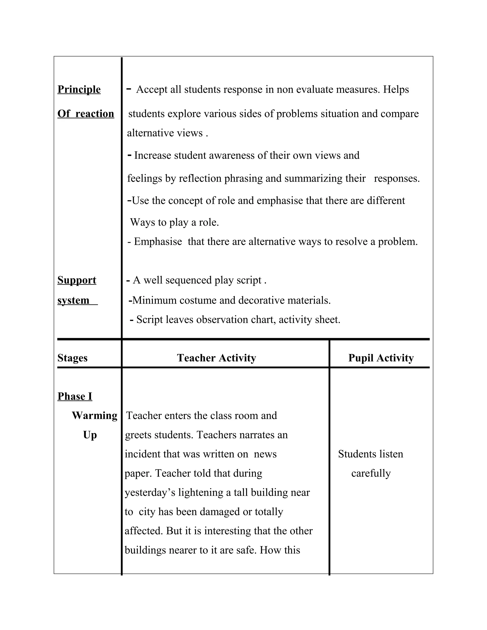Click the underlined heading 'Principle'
pyautogui.click(x=79, y=89)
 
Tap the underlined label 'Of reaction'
pyautogui.click(x=86, y=114)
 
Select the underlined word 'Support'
pyautogui.click(x=77, y=280)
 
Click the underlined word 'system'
pyautogui.click(x=73, y=300)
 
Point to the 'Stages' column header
pyautogui.click(x=73, y=358)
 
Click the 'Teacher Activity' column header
pyautogui.click(x=216, y=358)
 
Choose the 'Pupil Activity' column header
pyautogui.click(x=381, y=358)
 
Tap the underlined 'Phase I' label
pyautogui.click(x=75, y=396)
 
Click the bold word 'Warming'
pyautogui.click(x=95, y=416)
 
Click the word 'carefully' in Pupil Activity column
pyautogui.click(x=371, y=473)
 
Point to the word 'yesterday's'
pyautogui.click(x=150, y=492)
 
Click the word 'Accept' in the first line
pyautogui.click(x=151, y=90)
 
